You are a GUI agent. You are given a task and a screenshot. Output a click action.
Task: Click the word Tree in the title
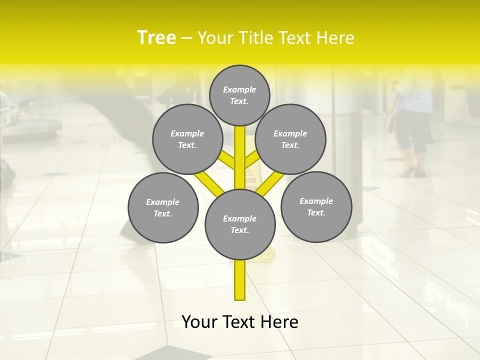(156, 37)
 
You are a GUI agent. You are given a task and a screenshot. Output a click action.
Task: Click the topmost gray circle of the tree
(239, 95)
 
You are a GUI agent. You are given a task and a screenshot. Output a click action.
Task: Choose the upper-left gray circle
(187, 139)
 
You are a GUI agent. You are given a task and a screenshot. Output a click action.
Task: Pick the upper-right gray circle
(290, 139)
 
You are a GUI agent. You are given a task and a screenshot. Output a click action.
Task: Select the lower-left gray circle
(163, 207)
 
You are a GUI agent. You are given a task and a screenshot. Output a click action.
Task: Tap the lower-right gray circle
(316, 206)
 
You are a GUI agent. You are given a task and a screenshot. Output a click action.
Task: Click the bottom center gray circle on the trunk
(240, 224)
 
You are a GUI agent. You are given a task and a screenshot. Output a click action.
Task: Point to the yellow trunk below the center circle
(240, 280)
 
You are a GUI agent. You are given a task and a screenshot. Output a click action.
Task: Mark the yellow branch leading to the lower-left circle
(208, 183)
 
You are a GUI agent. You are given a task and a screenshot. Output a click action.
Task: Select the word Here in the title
(336, 38)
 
